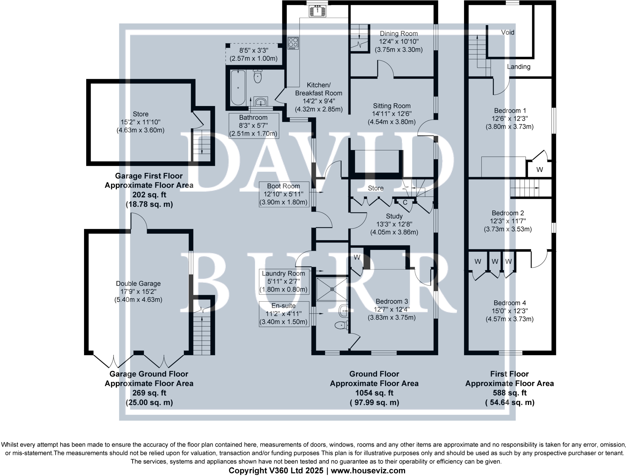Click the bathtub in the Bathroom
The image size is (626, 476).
click(238, 88)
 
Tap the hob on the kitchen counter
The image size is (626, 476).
click(293, 43)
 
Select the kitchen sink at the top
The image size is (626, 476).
click(317, 12)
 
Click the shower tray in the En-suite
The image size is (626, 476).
click(332, 289)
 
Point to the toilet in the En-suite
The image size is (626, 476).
click(341, 325)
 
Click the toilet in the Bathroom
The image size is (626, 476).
click(258, 76)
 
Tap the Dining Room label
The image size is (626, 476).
click(399, 34)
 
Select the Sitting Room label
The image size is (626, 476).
click(392, 106)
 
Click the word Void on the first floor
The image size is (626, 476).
click(508, 32)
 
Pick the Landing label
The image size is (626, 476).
click(518, 67)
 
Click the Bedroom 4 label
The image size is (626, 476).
click(510, 303)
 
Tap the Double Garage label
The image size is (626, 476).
click(138, 284)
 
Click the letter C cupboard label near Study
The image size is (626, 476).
click(405, 203)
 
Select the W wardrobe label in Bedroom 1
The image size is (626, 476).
click(539, 170)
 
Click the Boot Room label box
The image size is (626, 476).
click(284, 194)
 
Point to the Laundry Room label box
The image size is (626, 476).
click(284, 281)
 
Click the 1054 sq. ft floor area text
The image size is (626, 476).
click(374, 393)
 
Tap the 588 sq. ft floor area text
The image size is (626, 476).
click(509, 393)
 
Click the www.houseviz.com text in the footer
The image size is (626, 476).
click(368, 471)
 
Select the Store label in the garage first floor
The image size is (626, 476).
click(141, 114)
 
